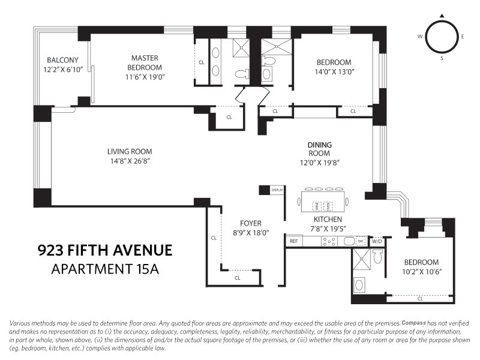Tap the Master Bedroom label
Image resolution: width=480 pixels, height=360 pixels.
[x=145, y=62]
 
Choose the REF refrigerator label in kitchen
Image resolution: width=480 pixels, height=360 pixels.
[x=294, y=241]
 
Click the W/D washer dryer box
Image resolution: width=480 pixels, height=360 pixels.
[x=377, y=241]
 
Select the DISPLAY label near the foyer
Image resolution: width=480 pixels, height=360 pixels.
[x=277, y=190]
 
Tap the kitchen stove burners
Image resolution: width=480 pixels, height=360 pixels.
[x=329, y=242]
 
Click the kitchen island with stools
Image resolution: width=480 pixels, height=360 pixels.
[x=325, y=202]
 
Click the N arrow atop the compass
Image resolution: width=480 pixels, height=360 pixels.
[x=442, y=16]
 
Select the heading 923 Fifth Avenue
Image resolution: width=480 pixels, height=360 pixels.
[x=105, y=250]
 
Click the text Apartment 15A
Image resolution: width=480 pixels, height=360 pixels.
[x=104, y=269]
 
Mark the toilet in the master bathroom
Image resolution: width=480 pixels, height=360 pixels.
[x=241, y=74]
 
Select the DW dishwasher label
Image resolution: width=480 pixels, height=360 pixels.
[x=360, y=242]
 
